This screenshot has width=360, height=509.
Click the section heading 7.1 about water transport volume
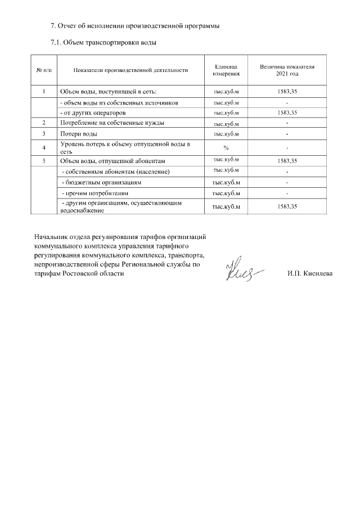(103, 42)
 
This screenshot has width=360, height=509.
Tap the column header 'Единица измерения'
(227, 70)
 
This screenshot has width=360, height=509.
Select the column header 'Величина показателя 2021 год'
(287, 70)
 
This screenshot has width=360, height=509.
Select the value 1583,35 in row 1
(287, 91)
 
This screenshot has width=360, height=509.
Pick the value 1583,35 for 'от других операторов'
(287, 112)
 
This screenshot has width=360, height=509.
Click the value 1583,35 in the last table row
(287, 206)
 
